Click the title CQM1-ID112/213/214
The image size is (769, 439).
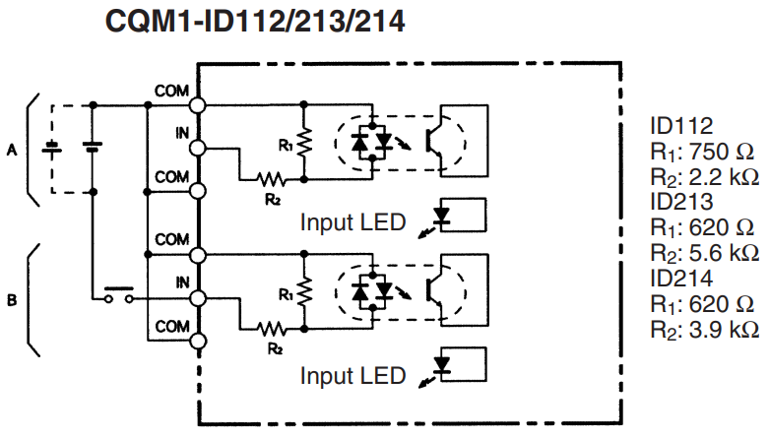coord(255,22)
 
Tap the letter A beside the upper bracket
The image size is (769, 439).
coord(12,150)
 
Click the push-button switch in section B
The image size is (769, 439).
coord(117,294)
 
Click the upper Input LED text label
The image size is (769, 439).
coord(352,222)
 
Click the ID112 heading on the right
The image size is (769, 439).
coord(680,125)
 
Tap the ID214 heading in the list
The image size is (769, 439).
coord(681,278)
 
